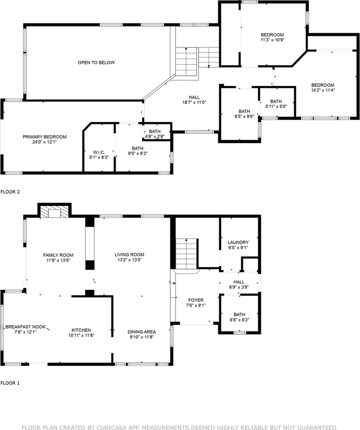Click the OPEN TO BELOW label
point(96,63)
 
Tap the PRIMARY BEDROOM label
point(45,137)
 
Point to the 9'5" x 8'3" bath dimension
point(138,153)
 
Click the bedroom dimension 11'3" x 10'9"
point(273,40)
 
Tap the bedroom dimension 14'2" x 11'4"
point(323,90)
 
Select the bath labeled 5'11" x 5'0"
point(276,107)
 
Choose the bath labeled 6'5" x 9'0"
point(244,117)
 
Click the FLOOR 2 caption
point(10,192)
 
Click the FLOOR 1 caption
point(10,383)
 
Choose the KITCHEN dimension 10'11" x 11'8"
point(81,335)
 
